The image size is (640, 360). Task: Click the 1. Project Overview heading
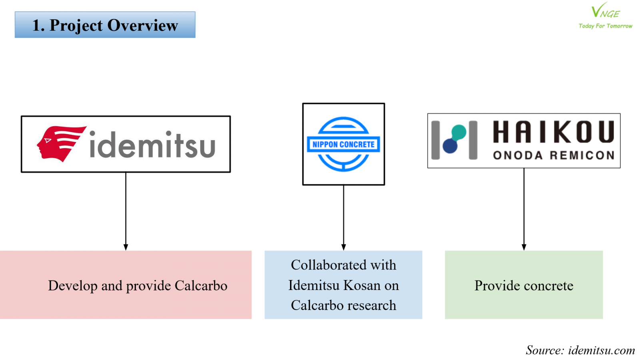[105, 25]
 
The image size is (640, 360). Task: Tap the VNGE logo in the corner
[605, 11]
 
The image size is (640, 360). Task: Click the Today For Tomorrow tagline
[605, 26]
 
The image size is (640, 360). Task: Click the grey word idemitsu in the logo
[152, 145]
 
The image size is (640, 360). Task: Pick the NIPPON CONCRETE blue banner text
[343, 144]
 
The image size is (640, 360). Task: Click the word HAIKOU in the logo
[553, 132]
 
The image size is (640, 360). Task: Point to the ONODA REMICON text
[553, 155]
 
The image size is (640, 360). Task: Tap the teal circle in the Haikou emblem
[459, 132]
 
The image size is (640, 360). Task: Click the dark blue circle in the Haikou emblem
[450, 146]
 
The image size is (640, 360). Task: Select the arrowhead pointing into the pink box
[126, 247]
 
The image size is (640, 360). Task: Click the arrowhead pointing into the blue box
[343, 247]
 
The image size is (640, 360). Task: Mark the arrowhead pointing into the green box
[524, 247]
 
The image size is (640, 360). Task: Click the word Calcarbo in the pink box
[201, 286]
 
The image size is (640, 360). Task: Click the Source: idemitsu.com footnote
[580, 350]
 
